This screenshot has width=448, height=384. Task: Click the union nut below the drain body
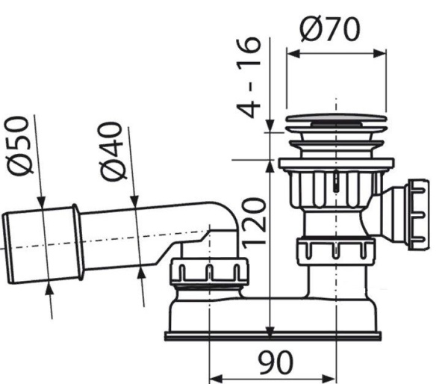[336, 251]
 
